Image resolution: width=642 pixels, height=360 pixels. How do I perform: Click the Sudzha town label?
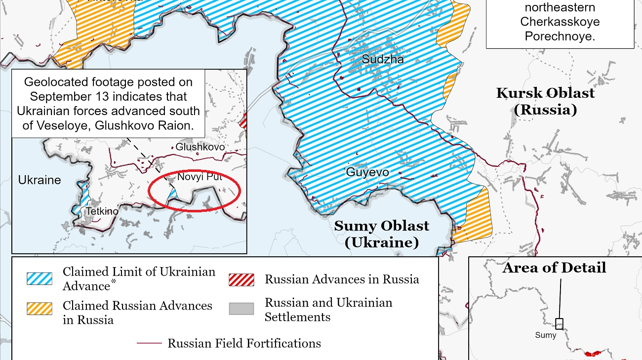[383, 59]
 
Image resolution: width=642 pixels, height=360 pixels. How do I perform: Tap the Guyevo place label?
[367, 172]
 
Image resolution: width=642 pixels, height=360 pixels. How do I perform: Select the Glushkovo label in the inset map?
[200, 147]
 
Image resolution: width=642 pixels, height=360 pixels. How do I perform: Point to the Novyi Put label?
[197, 177]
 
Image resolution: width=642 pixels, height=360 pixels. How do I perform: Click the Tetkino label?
[102, 211]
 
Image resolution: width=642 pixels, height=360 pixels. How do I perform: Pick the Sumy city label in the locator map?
[546, 335]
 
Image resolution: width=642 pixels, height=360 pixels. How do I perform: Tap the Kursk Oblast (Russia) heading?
[545, 101]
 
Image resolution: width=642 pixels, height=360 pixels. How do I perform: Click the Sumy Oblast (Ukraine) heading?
[381, 234]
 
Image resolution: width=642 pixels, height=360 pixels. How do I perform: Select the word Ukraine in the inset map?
[40, 180]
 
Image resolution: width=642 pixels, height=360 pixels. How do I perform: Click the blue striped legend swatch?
[40, 279]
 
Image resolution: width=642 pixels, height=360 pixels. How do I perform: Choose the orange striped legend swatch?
[40, 309]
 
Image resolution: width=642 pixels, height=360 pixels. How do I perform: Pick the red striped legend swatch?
[241, 280]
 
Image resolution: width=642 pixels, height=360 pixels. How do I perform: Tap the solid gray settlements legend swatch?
[241, 309]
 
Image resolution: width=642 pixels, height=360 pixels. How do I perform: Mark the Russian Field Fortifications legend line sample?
[149, 343]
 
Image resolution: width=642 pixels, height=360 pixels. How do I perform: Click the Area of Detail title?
[554, 268]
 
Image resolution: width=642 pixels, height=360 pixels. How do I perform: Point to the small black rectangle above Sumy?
[559, 324]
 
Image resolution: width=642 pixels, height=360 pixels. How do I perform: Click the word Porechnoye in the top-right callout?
[560, 37]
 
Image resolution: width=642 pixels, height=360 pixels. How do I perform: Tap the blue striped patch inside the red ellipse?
[172, 194]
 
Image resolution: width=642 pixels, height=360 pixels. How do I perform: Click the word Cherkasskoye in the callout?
[560, 22]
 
